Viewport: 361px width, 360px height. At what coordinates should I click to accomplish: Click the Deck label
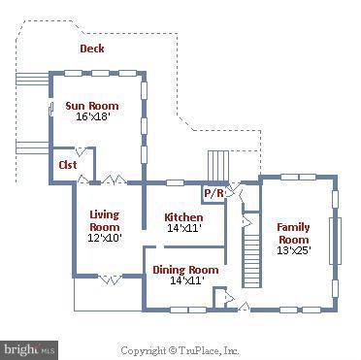point(92,49)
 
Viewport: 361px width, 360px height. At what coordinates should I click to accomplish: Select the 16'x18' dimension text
point(94,116)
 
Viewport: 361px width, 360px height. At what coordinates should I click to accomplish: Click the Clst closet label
point(67,165)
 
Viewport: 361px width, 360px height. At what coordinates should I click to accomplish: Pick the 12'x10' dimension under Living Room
point(105,238)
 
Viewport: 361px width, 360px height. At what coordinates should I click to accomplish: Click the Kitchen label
point(183,217)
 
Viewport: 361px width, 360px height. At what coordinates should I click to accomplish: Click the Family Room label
point(293,233)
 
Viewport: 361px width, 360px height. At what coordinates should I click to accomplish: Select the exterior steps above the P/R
point(216,162)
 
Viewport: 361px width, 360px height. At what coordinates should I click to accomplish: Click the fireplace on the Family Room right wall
point(336,240)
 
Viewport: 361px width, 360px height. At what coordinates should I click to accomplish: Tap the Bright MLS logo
point(29,347)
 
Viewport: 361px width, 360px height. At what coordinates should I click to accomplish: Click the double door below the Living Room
point(109,279)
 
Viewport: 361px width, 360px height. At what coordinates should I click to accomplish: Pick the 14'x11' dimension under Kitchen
point(183,229)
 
